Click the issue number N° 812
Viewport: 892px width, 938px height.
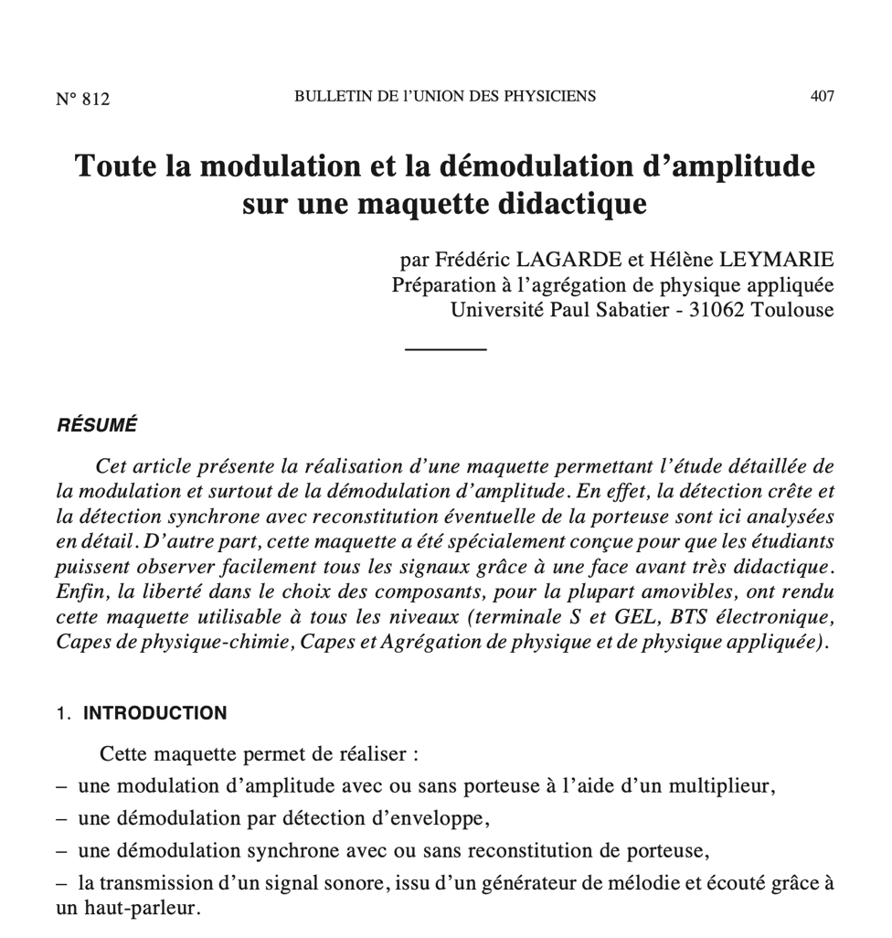pos(82,99)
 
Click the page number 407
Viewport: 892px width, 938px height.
pos(822,96)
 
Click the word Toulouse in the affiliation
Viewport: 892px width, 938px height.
pos(793,310)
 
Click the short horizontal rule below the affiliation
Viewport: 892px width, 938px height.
pos(445,348)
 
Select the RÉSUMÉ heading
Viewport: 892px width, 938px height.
pos(97,425)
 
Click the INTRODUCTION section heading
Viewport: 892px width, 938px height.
pos(155,713)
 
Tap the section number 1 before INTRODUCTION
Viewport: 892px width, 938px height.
pos(62,713)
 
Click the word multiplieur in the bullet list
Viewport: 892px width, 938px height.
pos(724,785)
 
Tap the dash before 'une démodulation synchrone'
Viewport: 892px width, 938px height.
pos(61,851)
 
